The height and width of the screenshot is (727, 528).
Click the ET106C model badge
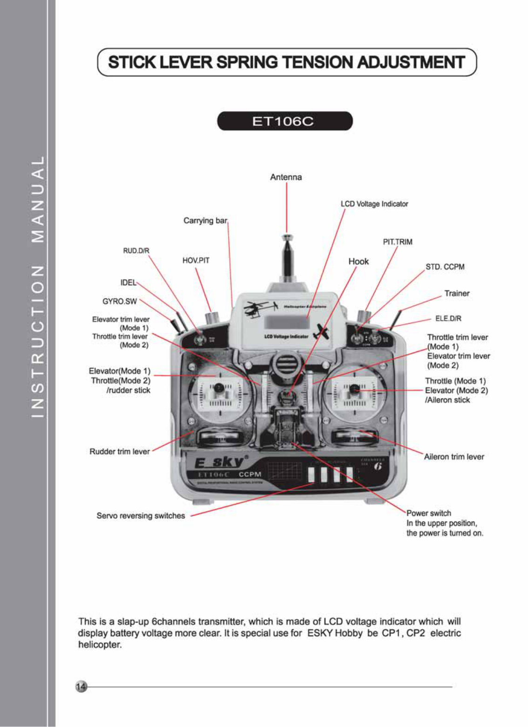click(x=284, y=122)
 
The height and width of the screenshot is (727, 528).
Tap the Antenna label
click(x=286, y=177)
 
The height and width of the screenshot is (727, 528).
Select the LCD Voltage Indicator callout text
click(x=374, y=204)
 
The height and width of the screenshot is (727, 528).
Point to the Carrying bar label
click(x=205, y=220)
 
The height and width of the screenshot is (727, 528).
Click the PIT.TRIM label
click(x=397, y=242)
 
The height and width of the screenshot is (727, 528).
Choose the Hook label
click(x=359, y=261)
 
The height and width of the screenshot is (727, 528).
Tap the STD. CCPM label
click(x=445, y=267)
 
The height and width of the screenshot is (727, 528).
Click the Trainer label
click(x=457, y=294)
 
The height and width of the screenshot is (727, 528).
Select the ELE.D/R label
click(x=448, y=319)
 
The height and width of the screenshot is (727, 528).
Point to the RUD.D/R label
click(x=136, y=251)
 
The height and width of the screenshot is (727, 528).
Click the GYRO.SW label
click(x=120, y=302)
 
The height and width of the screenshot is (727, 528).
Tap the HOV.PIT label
click(x=196, y=261)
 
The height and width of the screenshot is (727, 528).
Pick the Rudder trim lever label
click(x=120, y=452)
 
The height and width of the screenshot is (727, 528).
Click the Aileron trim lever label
click(x=454, y=457)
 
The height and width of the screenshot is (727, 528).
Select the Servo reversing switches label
click(x=141, y=516)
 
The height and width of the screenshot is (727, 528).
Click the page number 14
click(x=81, y=686)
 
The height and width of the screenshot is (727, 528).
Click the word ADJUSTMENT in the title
click(x=411, y=62)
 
